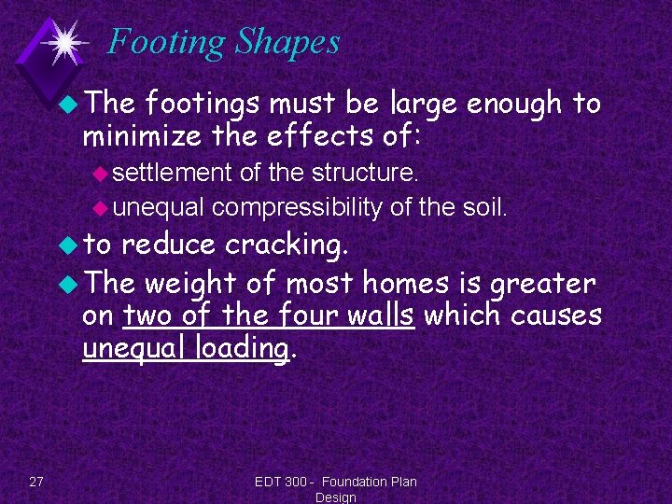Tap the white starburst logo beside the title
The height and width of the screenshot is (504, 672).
[64, 42]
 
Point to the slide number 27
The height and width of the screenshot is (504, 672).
[36, 482]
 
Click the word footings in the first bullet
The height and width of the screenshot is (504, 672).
[197, 104]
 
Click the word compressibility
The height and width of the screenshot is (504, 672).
[297, 207]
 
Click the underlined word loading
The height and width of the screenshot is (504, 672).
[244, 349]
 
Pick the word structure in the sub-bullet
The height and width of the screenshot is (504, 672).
[370, 173]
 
